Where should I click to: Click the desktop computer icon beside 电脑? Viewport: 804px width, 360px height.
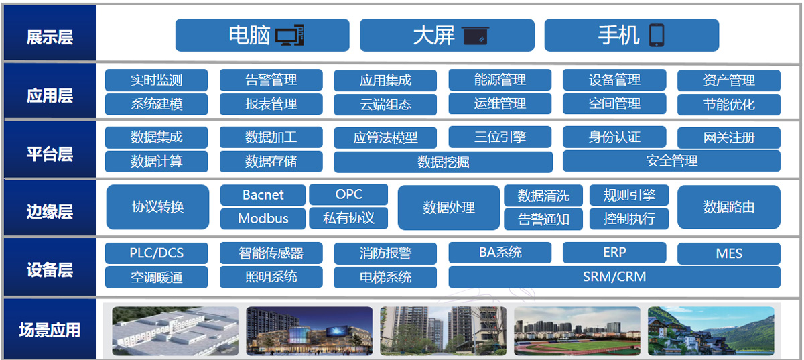click(289, 36)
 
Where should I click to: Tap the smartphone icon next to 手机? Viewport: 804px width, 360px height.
click(657, 36)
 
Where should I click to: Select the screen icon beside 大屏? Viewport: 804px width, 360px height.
click(475, 36)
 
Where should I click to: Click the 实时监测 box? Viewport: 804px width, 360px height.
click(156, 80)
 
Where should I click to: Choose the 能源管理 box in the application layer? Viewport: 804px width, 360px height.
click(500, 80)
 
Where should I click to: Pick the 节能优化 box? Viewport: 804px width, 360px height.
click(729, 105)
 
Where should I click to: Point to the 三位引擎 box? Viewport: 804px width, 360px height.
click(500, 137)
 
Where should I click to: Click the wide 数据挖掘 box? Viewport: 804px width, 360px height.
click(443, 162)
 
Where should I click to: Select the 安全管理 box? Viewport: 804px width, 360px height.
click(671, 161)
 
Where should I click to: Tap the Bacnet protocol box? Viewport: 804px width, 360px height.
click(263, 195)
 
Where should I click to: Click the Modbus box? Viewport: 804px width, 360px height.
click(263, 219)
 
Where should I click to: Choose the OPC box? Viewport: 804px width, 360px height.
click(348, 194)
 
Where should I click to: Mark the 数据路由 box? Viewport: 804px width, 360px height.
click(729, 207)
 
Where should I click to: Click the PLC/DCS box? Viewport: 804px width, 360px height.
click(156, 253)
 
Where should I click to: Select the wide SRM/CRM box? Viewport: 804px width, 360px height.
click(614, 277)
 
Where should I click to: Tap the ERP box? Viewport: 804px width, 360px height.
click(614, 253)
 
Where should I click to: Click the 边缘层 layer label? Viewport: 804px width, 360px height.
click(50, 211)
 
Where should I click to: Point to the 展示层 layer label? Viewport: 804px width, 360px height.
click(50, 37)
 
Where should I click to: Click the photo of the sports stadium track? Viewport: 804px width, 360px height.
click(577, 331)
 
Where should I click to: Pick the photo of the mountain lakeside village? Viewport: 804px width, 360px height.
click(711, 331)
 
